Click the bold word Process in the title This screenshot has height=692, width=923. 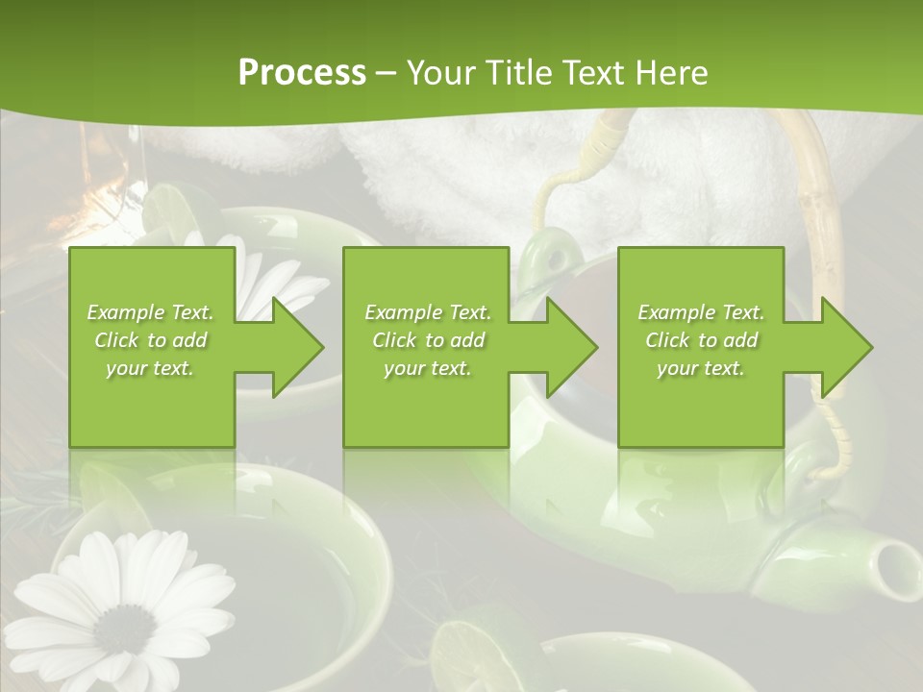(302, 73)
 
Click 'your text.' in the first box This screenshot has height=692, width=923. (150, 367)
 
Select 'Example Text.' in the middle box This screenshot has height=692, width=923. (427, 312)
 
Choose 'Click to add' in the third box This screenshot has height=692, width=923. (701, 340)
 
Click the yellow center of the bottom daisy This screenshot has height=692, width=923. (122, 630)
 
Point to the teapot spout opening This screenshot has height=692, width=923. (900, 560)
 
